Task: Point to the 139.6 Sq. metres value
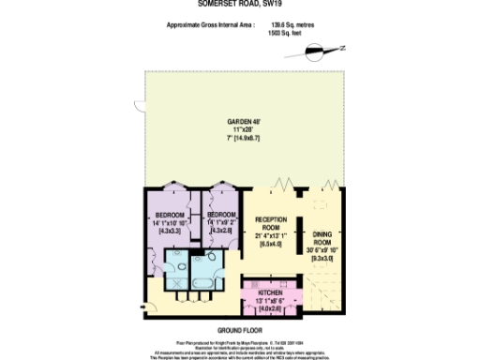[x=290, y=26]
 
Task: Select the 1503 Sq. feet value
[x=287, y=33]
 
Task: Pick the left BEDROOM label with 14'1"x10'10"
[x=169, y=216]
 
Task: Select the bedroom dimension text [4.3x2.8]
[x=221, y=231]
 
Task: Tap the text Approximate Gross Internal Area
[x=208, y=26]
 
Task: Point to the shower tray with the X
[x=175, y=259]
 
